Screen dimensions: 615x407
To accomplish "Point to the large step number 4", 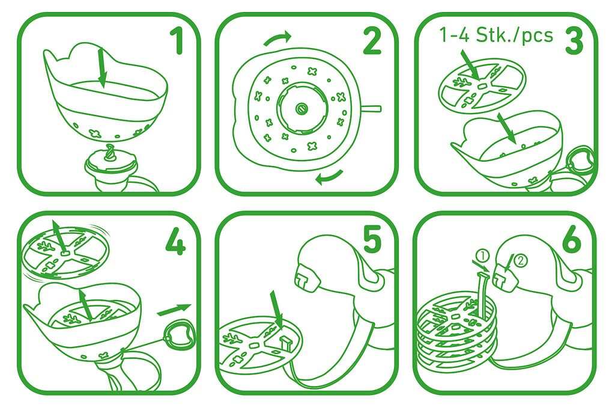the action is [x=175, y=242].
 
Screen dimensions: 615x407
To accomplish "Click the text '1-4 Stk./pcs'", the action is [x=496, y=35].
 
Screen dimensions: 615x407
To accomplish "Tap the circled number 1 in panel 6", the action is [x=483, y=257].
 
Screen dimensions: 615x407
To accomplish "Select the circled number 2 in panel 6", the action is [x=521, y=260].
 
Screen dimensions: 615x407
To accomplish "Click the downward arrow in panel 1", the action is [x=101, y=67].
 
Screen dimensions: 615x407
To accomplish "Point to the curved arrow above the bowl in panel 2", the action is [x=277, y=38].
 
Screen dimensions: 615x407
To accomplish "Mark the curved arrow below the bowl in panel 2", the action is [x=330, y=177].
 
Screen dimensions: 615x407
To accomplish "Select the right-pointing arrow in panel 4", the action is [x=174, y=309].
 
